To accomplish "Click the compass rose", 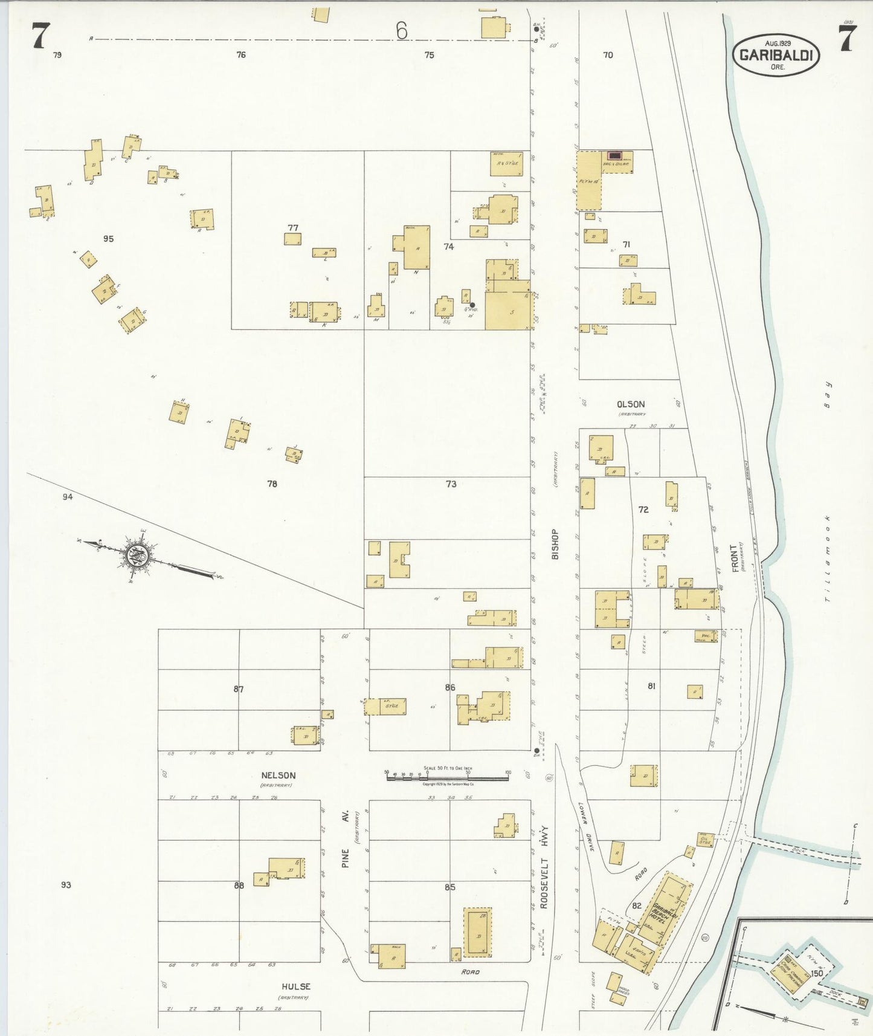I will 137,553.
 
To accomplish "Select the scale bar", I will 447,775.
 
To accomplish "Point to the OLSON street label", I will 630,404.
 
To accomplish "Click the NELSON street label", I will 278,775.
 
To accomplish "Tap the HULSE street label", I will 295,986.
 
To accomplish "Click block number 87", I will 239,689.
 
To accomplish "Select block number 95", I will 108,239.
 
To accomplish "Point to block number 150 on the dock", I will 817,973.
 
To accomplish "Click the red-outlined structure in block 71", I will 614,156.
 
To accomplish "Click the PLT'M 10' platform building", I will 589,181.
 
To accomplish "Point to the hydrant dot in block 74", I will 472,305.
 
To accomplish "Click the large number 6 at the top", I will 402,30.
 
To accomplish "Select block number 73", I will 451,484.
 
